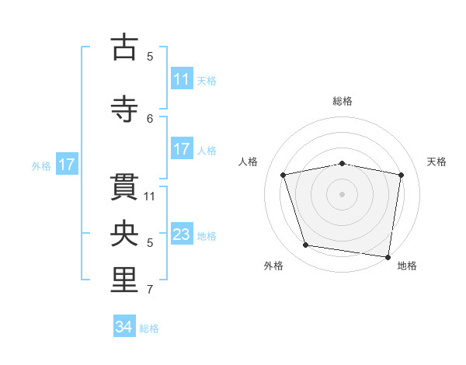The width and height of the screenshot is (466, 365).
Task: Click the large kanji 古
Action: [x=124, y=47]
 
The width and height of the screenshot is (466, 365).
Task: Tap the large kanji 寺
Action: [x=124, y=109]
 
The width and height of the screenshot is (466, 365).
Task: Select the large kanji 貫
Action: [x=124, y=187]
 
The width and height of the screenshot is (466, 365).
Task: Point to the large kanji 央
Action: [x=124, y=233]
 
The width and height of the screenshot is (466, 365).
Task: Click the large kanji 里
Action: [x=124, y=280]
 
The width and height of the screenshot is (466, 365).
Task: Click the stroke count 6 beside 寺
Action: [x=150, y=119]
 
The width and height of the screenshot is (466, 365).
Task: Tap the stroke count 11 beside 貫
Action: [x=149, y=196]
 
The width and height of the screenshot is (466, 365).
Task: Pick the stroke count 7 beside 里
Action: [x=150, y=290]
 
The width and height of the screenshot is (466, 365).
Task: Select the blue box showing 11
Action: [x=183, y=78]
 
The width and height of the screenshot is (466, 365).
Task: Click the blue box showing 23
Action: [x=183, y=233]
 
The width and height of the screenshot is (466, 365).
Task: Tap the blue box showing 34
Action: [x=124, y=325]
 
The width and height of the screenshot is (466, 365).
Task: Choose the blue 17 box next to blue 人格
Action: [x=183, y=148]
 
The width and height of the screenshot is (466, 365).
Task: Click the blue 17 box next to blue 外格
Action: [x=67, y=164]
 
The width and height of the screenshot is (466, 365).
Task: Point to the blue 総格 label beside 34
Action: [x=149, y=328]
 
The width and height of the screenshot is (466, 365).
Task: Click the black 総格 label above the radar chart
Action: [x=343, y=101]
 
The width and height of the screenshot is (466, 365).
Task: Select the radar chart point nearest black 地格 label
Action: [x=388, y=257]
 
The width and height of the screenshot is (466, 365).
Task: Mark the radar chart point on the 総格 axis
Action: [x=342, y=164]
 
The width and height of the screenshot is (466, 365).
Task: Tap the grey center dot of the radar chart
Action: [x=342, y=194]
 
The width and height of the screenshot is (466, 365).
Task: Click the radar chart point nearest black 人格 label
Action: [x=283, y=175]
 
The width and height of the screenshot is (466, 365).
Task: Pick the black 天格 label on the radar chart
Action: [x=436, y=162]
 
